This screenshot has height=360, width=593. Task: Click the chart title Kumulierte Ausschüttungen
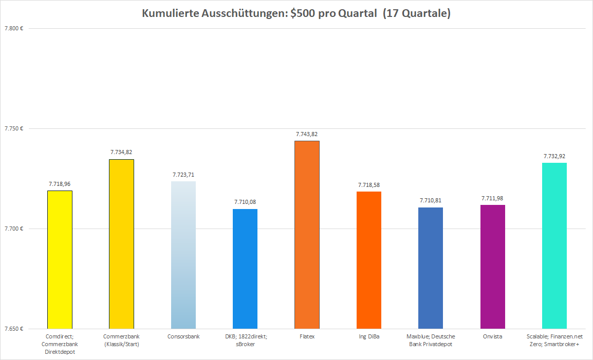pos(296,14)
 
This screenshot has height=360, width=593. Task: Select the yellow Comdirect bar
pos(60,259)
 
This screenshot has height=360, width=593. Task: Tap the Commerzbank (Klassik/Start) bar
pos(121,244)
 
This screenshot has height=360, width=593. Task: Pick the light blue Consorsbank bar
pos(183,255)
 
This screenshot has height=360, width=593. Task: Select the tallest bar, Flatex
pos(307,235)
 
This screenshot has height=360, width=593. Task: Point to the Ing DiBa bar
pos(369,260)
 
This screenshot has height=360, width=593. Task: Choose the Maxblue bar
pos(431,268)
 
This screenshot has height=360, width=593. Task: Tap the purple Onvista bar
pos(493,267)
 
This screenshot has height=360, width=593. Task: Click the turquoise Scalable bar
pos(554,245)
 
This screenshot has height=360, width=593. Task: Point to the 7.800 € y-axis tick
pos(14,28)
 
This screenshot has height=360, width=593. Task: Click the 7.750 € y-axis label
pos(14,128)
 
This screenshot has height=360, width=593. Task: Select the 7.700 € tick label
pos(14,229)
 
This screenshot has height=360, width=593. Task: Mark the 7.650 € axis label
pos(14,329)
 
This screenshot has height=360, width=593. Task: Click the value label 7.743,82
pos(307,134)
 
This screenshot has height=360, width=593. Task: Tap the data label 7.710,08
pos(245,202)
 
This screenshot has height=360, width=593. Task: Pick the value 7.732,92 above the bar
pos(554,156)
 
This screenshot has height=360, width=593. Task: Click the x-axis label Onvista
pos(493,336)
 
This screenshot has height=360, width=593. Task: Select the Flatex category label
pos(307,336)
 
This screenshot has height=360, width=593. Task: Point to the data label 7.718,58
pos(369,185)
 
